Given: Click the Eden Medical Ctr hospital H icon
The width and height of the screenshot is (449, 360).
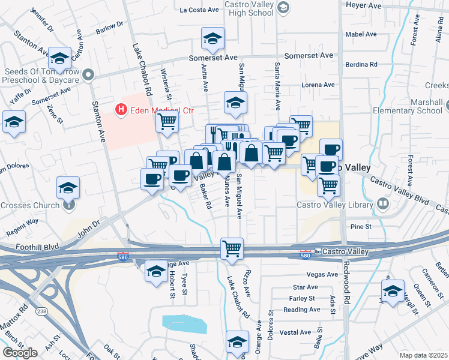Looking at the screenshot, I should (x=121, y=110).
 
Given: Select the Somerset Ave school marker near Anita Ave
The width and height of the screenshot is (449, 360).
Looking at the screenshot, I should (x=212, y=40).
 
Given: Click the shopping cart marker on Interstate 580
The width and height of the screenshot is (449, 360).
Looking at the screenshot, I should (x=232, y=248).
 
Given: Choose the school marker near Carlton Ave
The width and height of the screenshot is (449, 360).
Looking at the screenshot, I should (x=59, y=59).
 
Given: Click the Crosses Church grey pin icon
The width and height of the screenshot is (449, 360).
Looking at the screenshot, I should (x=68, y=205).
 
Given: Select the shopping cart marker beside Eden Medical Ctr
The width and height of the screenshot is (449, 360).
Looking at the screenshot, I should (x=167, y=122).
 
